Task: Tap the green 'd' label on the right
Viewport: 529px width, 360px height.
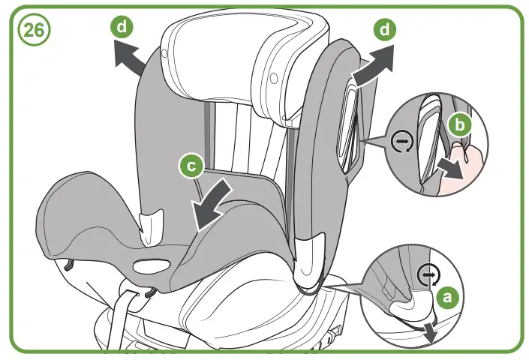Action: (385, 31)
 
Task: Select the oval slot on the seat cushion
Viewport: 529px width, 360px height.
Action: (153, 267)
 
